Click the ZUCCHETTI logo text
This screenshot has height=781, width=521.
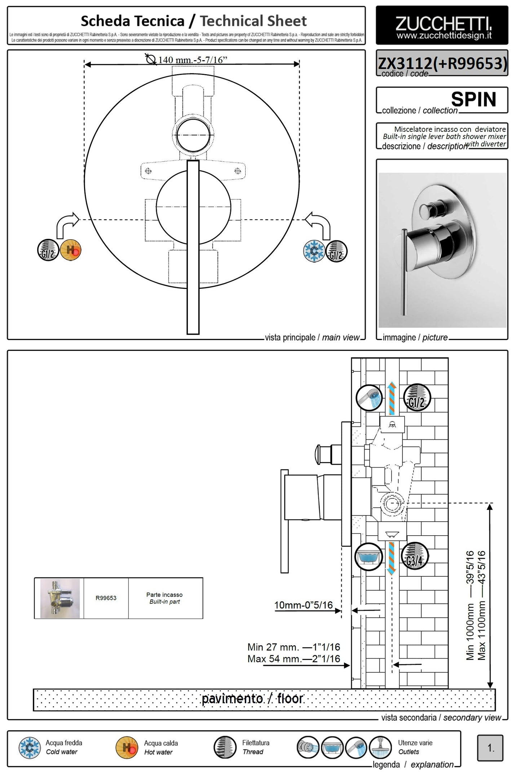(x=443, y=24)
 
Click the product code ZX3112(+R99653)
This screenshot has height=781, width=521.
(x=442, y=63)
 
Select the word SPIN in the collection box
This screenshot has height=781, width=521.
(x=473, y=99)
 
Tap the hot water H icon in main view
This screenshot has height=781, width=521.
(x=71, y=250)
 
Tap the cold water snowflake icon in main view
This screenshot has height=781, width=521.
(x=314, y=251)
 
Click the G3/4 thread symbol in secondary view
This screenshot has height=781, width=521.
(x=415, y=557)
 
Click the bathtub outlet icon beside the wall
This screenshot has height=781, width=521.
(x=368, y=557)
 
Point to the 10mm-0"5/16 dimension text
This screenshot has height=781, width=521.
(x=303, y=605)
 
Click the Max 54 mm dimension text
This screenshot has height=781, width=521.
(x=293, y=659)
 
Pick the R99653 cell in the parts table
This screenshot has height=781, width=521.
(x=106, y=598)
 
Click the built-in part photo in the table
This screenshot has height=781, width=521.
(x=60, y=598)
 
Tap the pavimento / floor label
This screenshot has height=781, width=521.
(x=252, y=699)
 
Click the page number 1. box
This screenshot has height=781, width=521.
(x=490, y=748)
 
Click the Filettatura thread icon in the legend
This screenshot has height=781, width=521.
(x=225, y=747)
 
